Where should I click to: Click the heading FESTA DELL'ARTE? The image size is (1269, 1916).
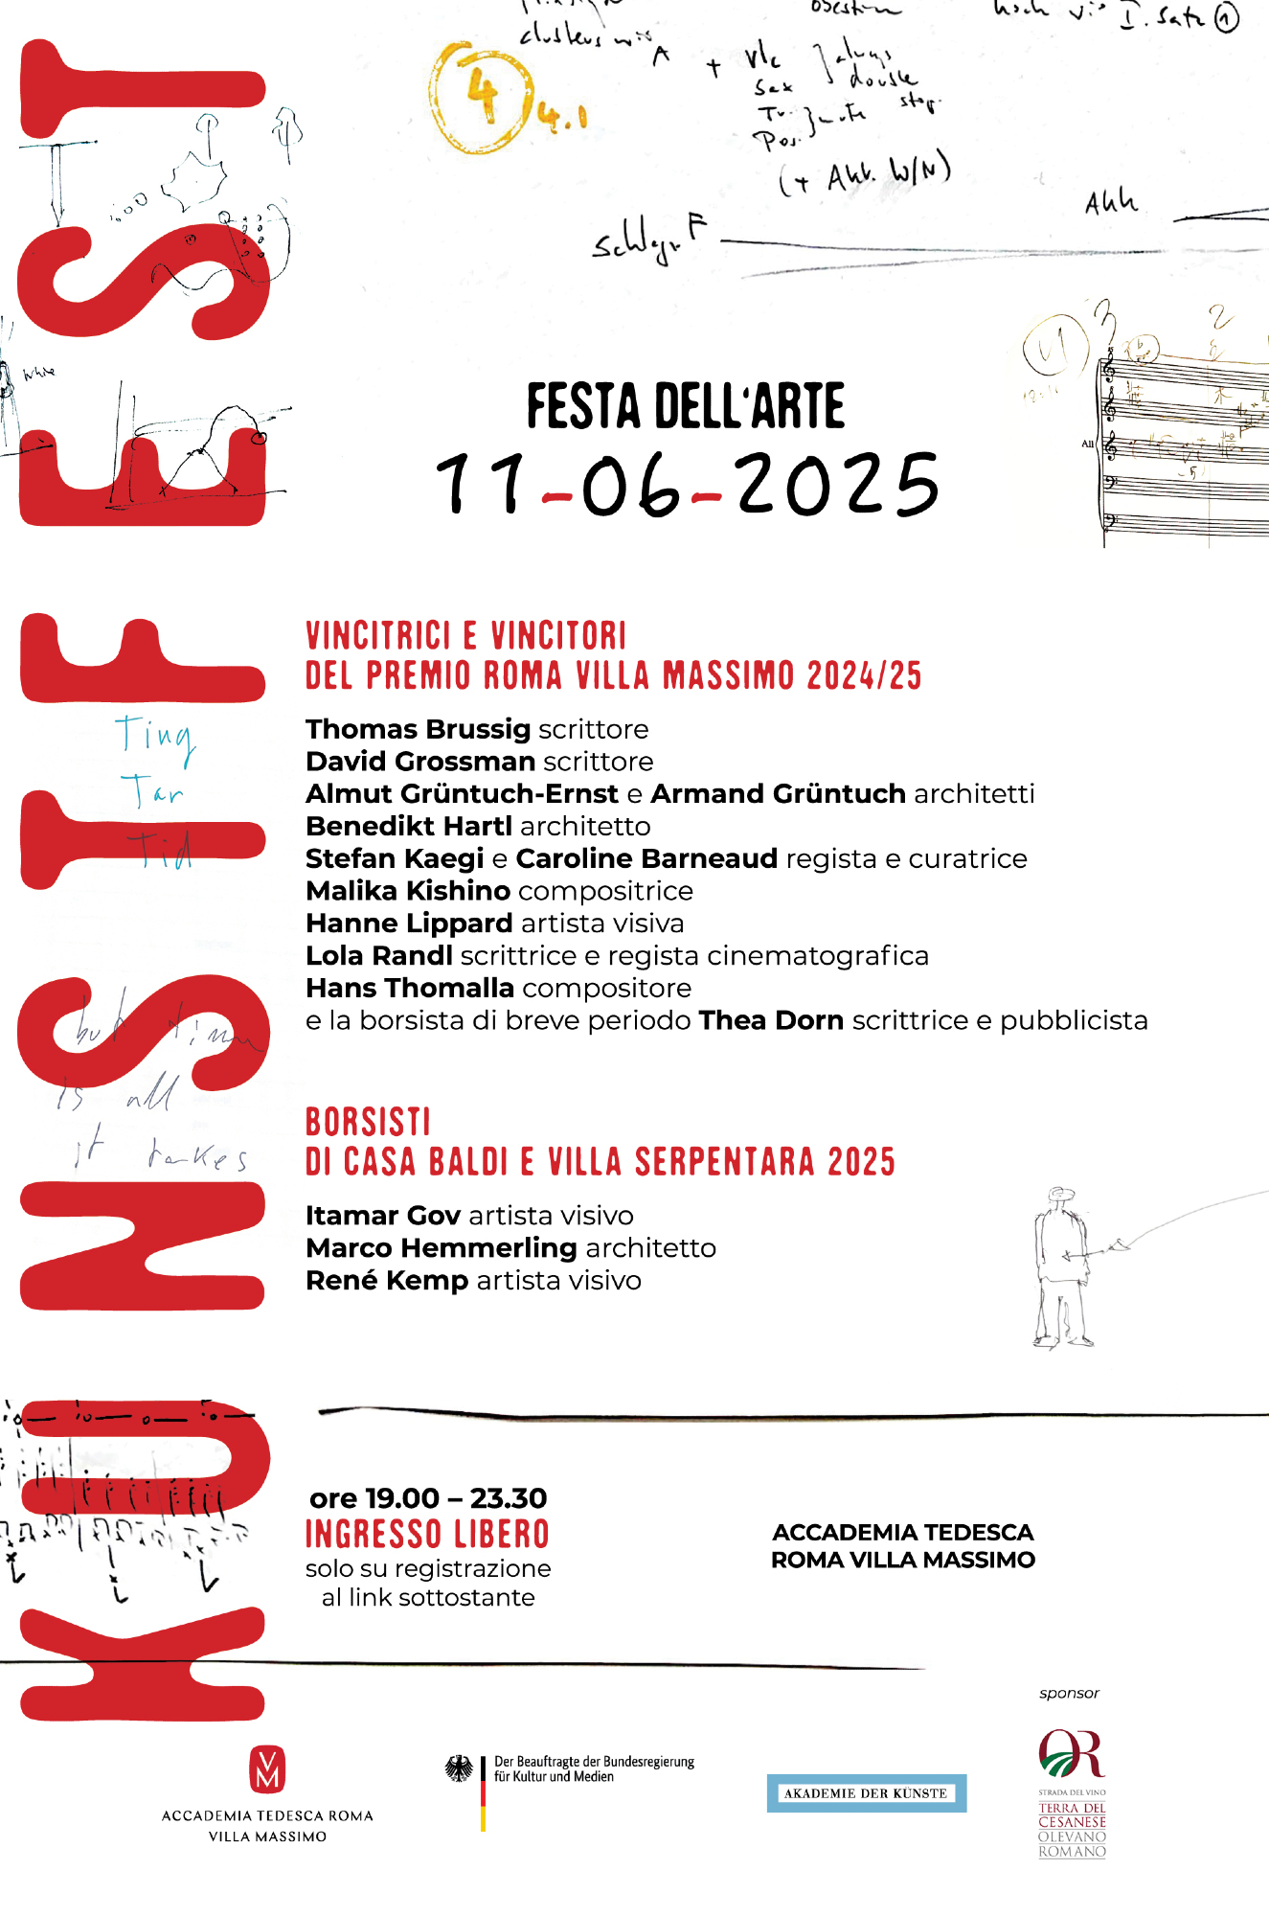[686, 406]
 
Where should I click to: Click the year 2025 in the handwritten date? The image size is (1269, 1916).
[837, 486]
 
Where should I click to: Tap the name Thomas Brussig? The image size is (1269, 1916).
[418, 729]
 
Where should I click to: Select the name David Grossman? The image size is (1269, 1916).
[420, 762]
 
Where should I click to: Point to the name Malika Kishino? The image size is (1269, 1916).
[408, 891]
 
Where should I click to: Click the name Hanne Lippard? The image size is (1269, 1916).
[409, 924]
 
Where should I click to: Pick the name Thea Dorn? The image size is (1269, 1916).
[771, 1020]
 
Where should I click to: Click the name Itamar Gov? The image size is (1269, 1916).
[383, 1216]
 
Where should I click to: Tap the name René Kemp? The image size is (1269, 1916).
[387, 1281]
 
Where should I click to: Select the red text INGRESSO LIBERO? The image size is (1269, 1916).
[427, 1535]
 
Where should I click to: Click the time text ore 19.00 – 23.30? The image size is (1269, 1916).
[428, 1498]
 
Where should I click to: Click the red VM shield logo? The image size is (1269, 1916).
[267, 1769]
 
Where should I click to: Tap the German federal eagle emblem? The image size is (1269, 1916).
[460, 1768]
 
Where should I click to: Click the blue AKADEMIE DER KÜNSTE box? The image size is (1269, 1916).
[866, 1793]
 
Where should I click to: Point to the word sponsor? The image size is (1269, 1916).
[1069, 1694]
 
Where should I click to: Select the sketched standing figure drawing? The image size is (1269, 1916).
[1061, 1266]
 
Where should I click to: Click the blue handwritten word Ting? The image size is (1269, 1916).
[155, 736]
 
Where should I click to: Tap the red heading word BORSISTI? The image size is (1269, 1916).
[368, 1122]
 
